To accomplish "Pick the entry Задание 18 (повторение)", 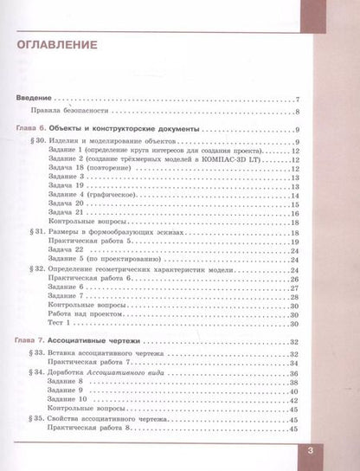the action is tap(96, 169).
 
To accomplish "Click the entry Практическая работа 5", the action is tap(97, 242).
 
